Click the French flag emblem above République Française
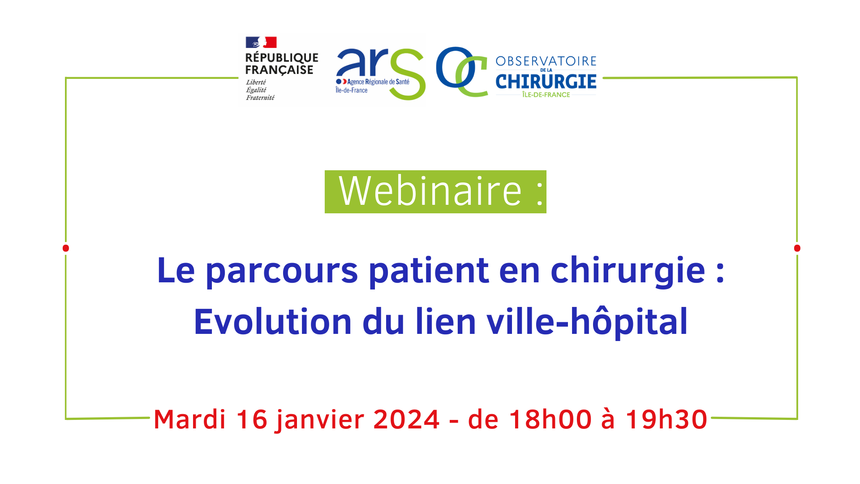261,43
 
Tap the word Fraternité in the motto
260,98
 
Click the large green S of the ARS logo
407,74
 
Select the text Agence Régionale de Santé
378,82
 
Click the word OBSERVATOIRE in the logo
546,61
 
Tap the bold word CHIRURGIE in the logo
546,82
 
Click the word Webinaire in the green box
430,191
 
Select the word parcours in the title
282,272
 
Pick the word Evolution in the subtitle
273,321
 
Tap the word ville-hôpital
587,321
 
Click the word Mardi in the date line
189,419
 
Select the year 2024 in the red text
406,419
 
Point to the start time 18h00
550,419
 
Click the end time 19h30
666,419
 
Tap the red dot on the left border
66,248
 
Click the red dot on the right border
797,248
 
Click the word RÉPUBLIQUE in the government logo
282,58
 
